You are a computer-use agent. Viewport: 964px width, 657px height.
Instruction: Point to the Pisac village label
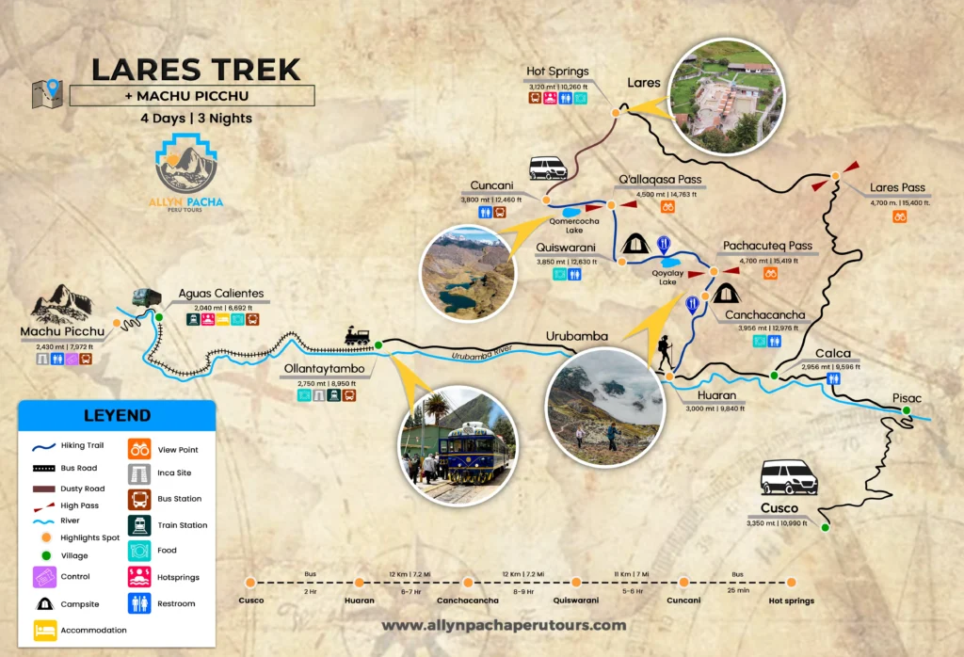910,397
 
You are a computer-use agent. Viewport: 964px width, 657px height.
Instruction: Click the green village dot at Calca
774,376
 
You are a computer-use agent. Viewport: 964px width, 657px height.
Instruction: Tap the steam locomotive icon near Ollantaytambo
357,335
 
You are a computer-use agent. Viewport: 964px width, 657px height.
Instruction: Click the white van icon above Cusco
788,477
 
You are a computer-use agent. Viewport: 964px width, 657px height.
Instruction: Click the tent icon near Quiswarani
634,245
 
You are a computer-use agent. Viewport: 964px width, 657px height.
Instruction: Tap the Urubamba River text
486,356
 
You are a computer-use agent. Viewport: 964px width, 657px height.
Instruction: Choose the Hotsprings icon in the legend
137,576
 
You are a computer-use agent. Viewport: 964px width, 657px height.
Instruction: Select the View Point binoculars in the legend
137,449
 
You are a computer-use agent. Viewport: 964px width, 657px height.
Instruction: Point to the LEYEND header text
117,415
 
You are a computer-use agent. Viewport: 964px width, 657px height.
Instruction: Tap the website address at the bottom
504,625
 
